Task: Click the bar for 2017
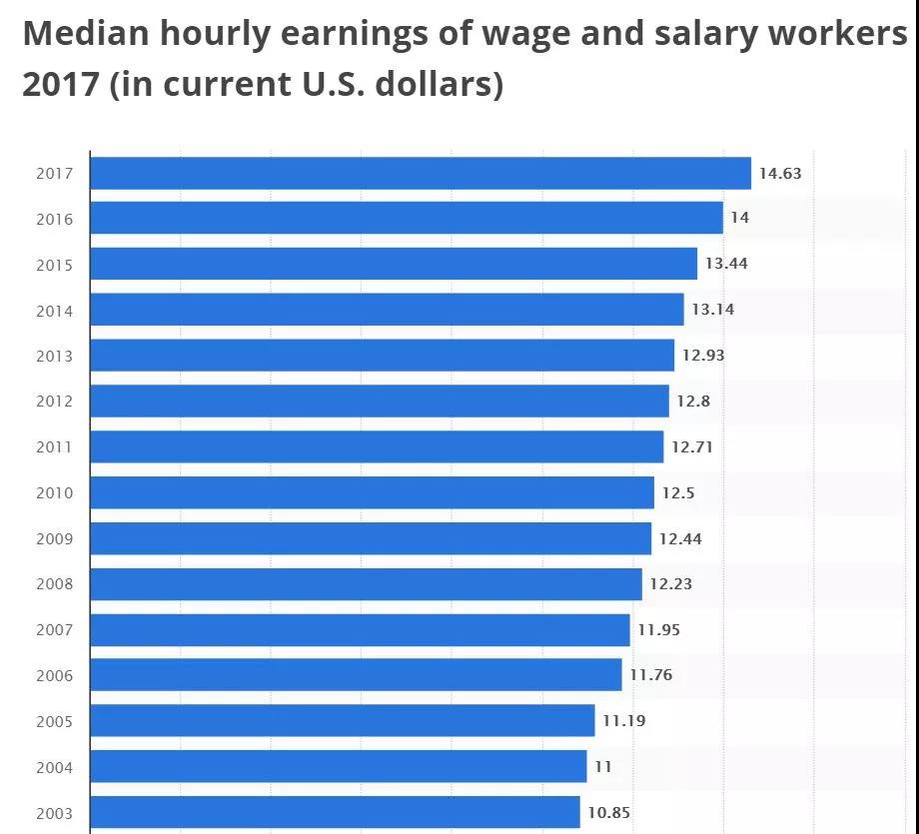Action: coord(420,173)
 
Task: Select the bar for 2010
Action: coord(372,492)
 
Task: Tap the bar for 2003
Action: coord(335,812)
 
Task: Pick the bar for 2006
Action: coord(356,675)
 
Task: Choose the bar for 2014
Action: coord(387,310)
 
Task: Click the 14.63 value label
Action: coord(779,173)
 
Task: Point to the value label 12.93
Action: coord(703,355)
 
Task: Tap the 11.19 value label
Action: coord(623,720)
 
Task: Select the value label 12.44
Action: coord(680,538)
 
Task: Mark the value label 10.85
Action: coord(608,812)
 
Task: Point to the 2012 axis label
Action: coord(54,402)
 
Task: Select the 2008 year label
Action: coord(54,584)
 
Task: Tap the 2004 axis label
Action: coord(54,767)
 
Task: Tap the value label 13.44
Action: coord(726,264)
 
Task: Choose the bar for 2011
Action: coord(377,446)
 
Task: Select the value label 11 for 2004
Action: coord(602,766)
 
